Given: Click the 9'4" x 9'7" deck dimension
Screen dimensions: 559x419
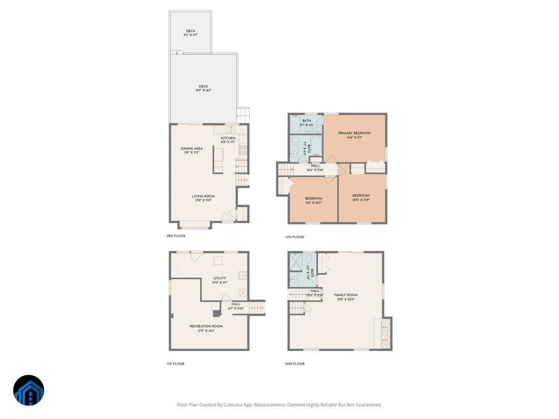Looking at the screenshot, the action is click(191, 35).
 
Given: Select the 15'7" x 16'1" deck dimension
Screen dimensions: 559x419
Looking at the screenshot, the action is click(203, 90).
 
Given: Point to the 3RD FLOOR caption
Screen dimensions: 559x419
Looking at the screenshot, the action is click(176, 236).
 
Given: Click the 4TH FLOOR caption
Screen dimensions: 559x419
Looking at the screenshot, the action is click(295, 237).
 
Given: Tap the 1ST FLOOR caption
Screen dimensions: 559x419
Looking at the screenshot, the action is click(176, 364).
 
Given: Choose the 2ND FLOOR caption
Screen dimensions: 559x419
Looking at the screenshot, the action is click(295, 364).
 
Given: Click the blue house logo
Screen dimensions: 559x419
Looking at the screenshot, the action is click(29, 390).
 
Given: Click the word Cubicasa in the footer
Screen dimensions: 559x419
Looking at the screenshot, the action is click(233, 405).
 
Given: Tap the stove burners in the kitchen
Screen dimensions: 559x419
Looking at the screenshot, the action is click(243, 150).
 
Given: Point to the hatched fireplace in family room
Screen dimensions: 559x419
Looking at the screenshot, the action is click(386, 333).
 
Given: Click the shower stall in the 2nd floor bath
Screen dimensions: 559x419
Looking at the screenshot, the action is click(296, 262).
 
